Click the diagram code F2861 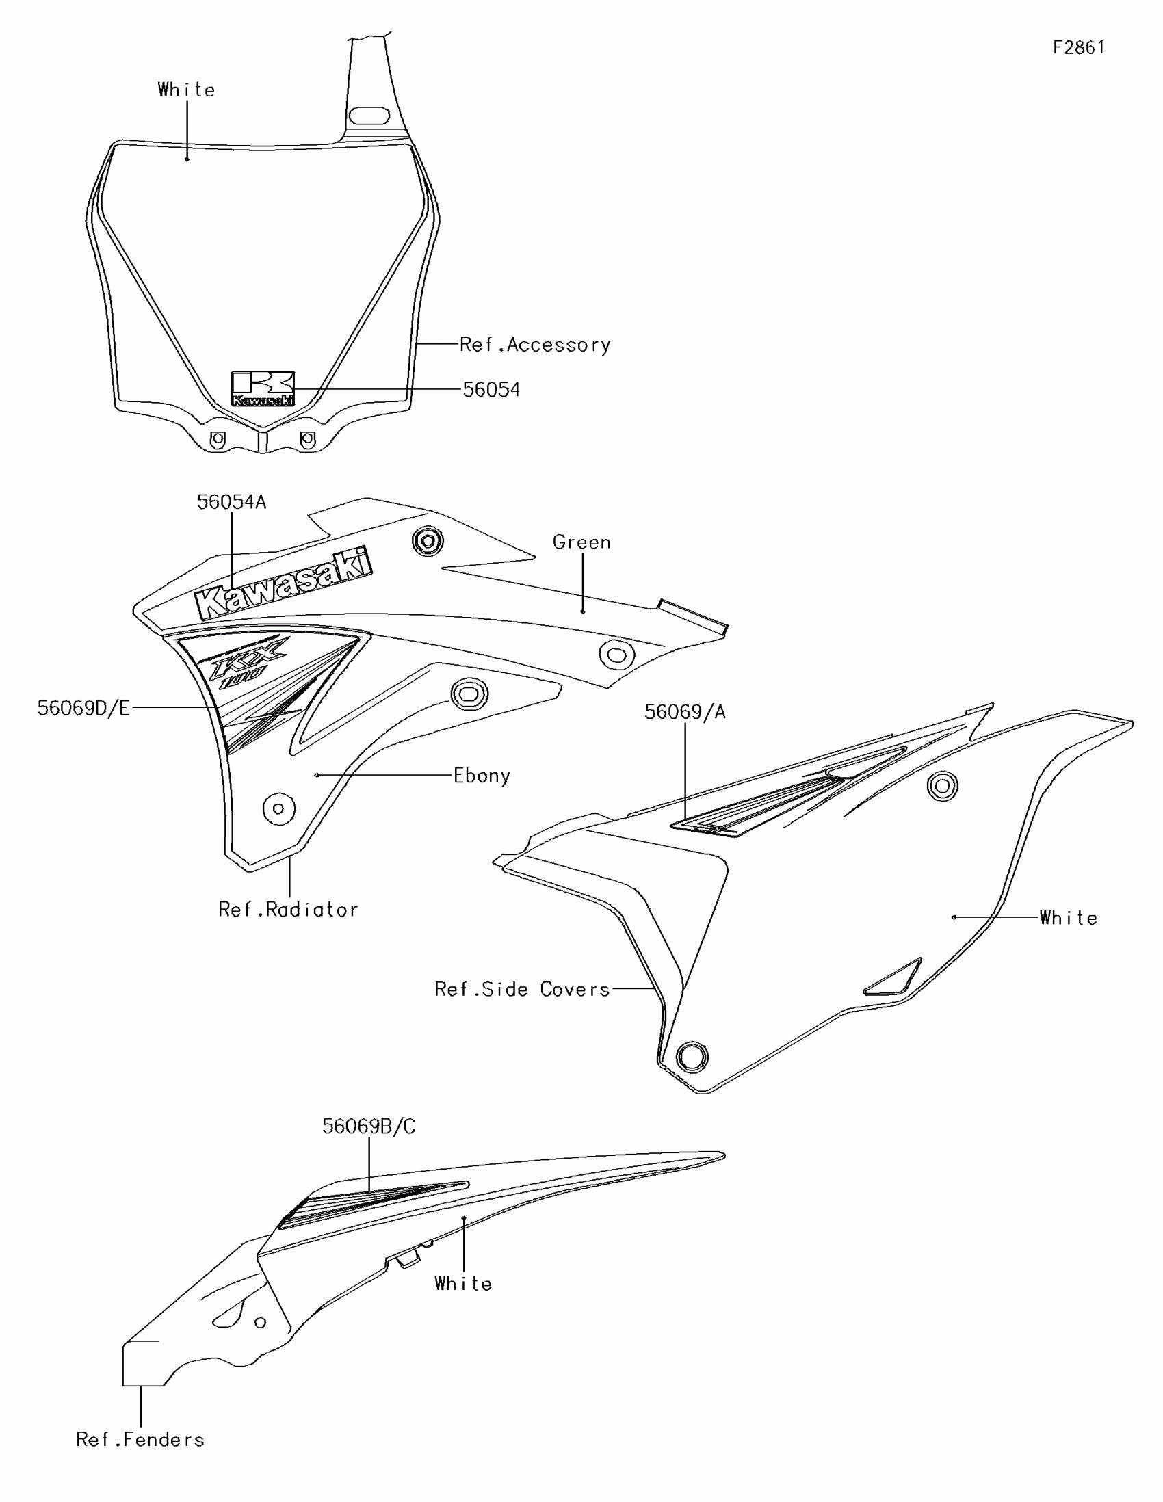(x=1078, y=47)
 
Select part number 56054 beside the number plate (x=491, y=390)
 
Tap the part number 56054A (x=231, y=502)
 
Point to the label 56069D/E (x=83, y=708)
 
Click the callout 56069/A (x=684, y=712)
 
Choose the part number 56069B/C (x=369, y=1126)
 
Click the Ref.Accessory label (x=534, y=345)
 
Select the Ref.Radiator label (x=287, y=910)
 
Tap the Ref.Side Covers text (x=522, y=989)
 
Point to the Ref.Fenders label (x=140, y=1439)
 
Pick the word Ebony (x=482, y=776)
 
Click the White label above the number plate (x=185, y=90)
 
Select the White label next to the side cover (x=1067, y=918)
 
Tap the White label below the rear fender (x=463, y=1284)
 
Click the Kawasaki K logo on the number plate (x=263, y=388)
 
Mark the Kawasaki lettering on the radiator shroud (x=283, y=584)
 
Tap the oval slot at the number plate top (x=369, y=115)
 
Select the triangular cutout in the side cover (x=893, y=977)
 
